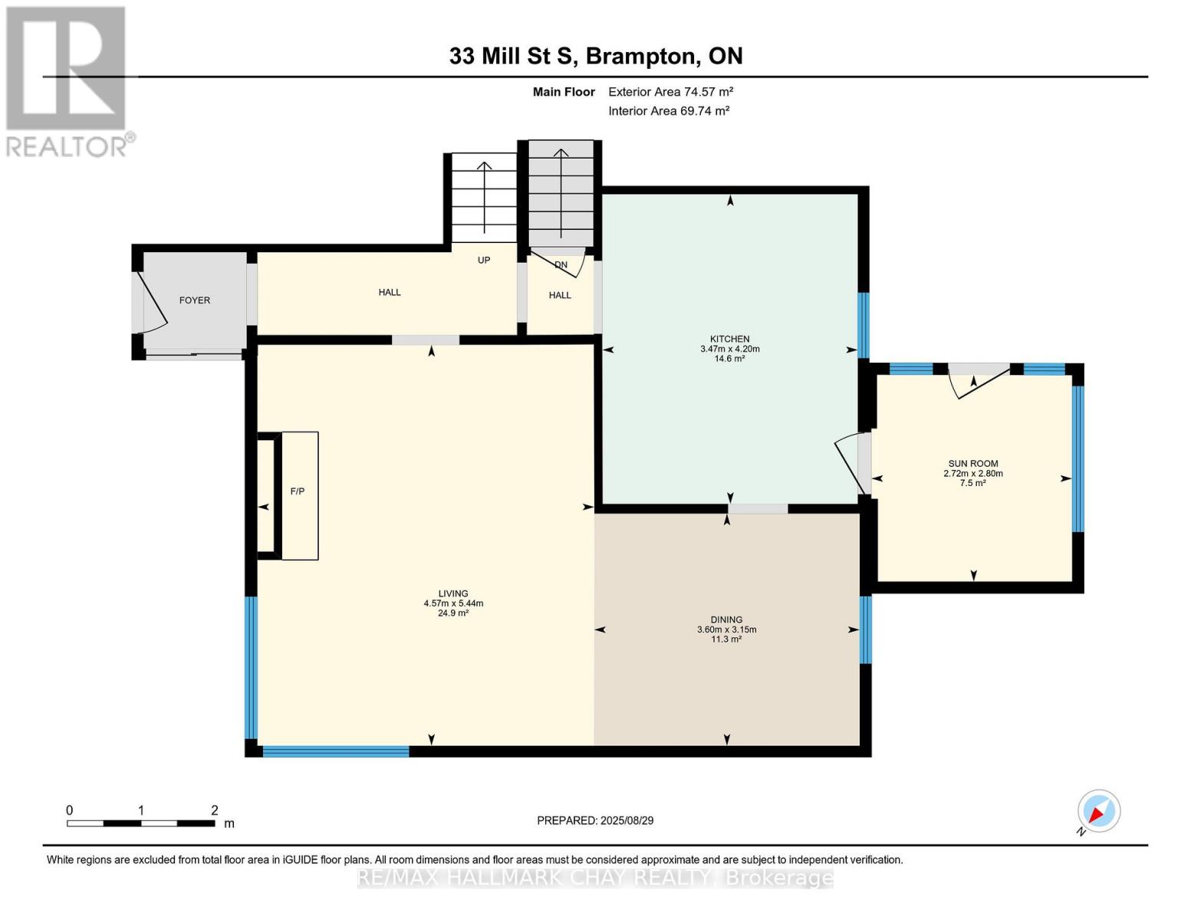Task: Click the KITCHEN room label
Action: tap(729, 339)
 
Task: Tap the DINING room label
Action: tap(726, 619)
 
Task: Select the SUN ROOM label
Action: tap(972, 463)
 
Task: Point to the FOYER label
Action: tap(195, 301)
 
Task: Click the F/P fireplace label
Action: tap(298, 491)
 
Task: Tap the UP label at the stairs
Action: tap(484, 260)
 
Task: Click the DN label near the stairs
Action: tap(561, 265)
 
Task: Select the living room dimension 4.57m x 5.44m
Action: tap(453, 603)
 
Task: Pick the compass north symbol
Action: tap(1098, 811)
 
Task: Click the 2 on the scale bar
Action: tap(215, 810)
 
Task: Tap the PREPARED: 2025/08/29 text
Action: tap(595, 820)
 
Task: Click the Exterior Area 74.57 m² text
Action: tap(671, 91)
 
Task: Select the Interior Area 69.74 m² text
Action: tap(669, 110)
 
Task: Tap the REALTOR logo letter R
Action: tap(65, 69)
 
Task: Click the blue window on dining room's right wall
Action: tap(866, 629)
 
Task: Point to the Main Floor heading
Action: tap(564, 91)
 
